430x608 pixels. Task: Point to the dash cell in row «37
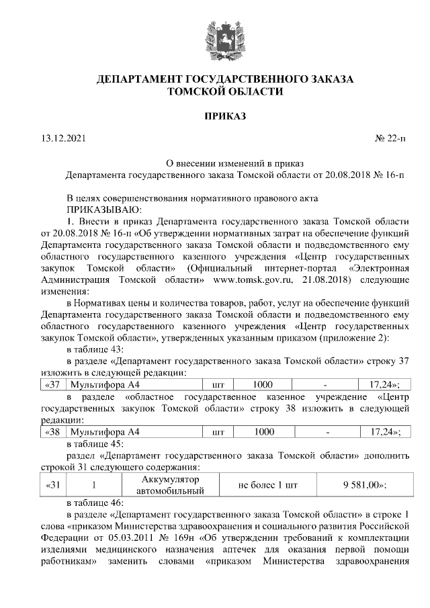pos(325,385)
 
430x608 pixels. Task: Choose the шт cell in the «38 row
pos(218,431)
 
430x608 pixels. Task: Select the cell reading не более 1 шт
pos(268,485)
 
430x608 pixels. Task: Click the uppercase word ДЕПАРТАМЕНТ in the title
pos(143,79)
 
